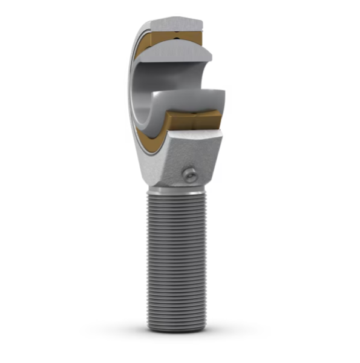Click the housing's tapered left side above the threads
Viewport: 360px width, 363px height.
point(148,169)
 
